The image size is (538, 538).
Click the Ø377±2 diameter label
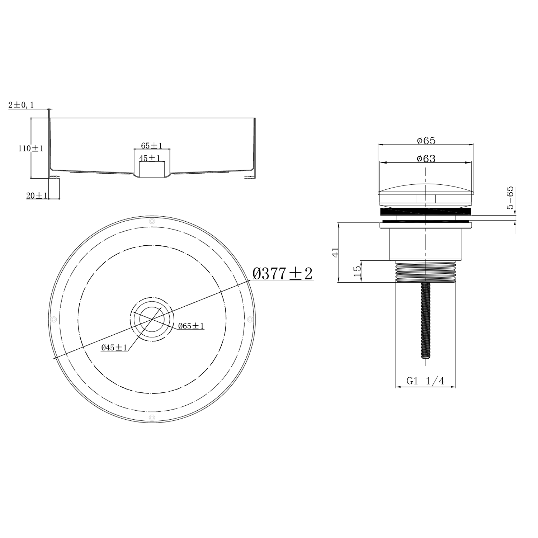[283, 274]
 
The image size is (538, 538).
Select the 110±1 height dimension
[31, 148]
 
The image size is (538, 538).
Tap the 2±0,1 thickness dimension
[21, 105]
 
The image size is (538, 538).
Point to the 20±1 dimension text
[37, 195]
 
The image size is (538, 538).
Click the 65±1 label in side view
[151, 146]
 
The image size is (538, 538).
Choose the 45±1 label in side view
[150, 158]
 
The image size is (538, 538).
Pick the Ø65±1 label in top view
[191, 326]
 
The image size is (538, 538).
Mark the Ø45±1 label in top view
[114, 347]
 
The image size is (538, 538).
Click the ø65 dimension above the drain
[426, 141]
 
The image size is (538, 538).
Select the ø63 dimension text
[426, 159]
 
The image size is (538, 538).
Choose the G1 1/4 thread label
[425, 381]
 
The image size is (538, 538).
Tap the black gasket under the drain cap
[425, 212]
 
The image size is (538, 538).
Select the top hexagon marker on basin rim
[152, 221]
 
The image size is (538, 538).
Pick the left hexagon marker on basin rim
[54, 319]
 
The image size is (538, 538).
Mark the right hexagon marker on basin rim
[250, 318]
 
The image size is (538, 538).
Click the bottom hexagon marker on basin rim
[152, 417]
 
